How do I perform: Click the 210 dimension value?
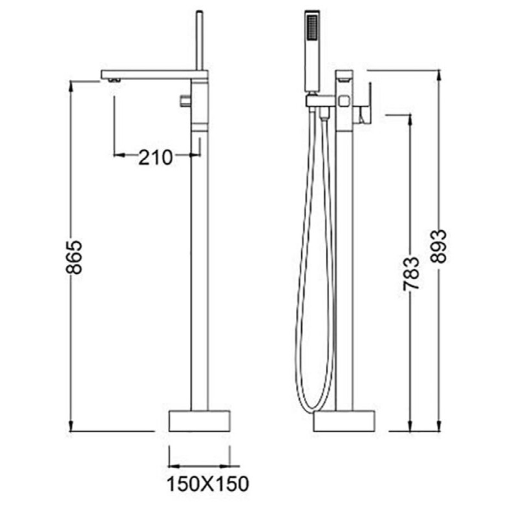[155, 157]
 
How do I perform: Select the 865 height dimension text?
[74, 257]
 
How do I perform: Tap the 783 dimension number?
[412, 274]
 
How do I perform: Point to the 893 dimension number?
[439, 246]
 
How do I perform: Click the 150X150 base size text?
[207, 484]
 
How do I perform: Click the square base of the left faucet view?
[200, 421]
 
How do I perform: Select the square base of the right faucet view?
[344, 421]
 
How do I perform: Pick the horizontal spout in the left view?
[154, 74]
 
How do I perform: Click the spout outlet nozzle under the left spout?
[114, 80]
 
